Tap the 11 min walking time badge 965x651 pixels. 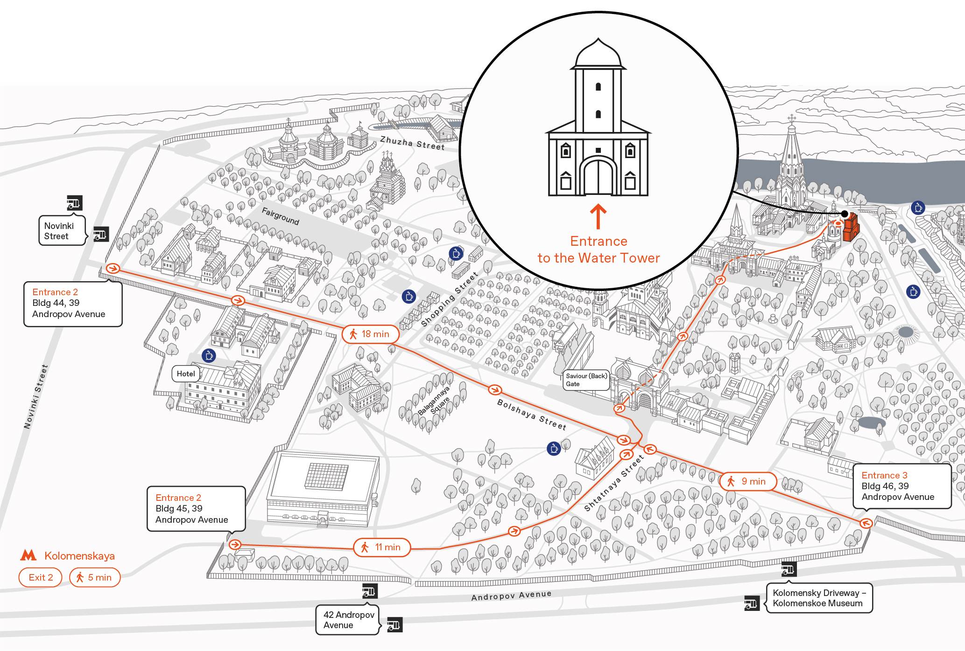coord(382,547)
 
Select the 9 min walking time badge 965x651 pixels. coord(748,481)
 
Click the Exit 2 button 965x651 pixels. coord(41,577)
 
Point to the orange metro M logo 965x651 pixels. coord(28,555)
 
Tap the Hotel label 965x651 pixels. coord(186,374)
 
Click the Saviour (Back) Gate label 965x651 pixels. coord(586,380)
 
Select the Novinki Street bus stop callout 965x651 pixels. coord(62,230)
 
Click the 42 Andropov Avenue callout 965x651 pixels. coord(348,620)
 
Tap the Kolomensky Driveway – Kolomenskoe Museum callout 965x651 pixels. coord(819,598)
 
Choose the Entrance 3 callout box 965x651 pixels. coord(902,486)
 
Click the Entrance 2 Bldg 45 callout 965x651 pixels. coord(196,509)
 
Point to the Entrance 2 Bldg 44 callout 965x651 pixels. coord(73,304)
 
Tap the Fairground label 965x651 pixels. coord(280,216)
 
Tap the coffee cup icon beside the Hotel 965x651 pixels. coord(209,356)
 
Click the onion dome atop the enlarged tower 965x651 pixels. coord(598,53)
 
